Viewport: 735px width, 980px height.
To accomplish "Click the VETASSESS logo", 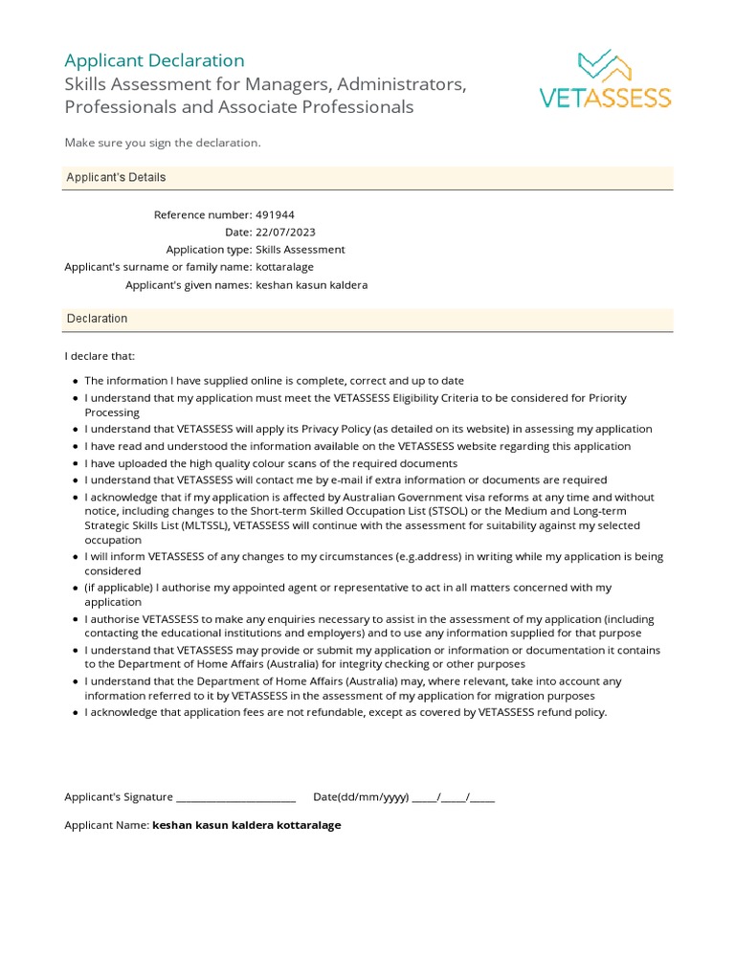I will coord(606,79).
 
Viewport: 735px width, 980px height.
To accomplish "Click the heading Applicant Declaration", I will coord(154,60).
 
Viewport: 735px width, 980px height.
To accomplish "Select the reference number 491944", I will coord(276,215).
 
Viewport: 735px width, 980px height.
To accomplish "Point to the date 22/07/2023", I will coord(285,233).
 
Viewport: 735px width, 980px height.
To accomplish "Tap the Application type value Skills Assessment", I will coord(301,250).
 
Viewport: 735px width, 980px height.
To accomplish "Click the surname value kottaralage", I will coord(284,267).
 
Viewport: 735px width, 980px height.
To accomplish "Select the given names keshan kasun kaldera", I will coord(311,285).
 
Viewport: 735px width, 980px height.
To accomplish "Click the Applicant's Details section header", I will coord(116,178).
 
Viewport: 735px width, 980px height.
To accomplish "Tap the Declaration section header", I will coord(97,319).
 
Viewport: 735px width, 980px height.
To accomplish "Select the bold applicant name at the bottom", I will coord(247,825).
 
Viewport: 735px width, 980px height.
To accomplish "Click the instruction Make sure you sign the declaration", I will coord(163,143).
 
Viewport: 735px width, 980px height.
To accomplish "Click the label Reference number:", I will coord(203,215).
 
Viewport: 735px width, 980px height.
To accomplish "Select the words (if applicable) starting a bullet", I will coord(118,588).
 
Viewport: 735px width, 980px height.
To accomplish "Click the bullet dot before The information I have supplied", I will coord(76,381).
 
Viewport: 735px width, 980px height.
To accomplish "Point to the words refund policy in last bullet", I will coord(572,713).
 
